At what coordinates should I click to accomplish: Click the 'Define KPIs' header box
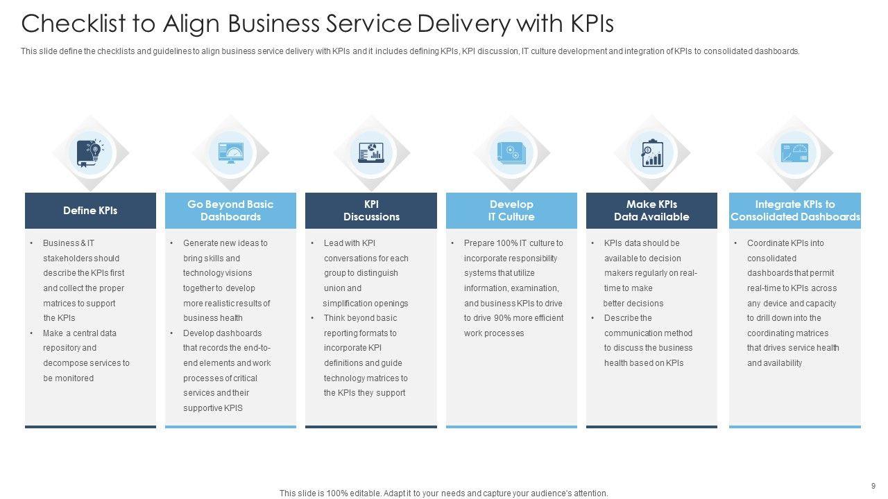pyautogui.click(x=90, y=211)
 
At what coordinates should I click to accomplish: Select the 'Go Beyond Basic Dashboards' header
pyautogui.click(x=230, y=211)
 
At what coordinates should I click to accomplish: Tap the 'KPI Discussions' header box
pyautogui.click(x=371, y=211)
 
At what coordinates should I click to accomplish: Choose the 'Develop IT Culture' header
pyautogui.click(x=511, y=211)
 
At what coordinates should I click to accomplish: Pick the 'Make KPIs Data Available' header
pyautogui.click(x=651, y=211)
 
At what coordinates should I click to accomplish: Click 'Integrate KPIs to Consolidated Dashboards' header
pyautogui.click(x=795, y=211)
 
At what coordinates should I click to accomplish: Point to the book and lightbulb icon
pyautogui.click(x=90, y=152)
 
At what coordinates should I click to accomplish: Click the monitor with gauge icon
pyautogui.click(x=230, y=152)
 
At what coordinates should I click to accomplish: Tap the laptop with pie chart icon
pyautogui.click(x=371, y=152)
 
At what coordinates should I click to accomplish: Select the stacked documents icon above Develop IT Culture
pyautogui.click(x=511, y=152)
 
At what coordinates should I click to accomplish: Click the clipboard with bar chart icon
pyautogui.click(x=651, y=152)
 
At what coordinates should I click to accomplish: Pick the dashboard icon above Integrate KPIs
pyautogui.click(x=795, y=152)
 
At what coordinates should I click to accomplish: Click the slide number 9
pyautogui.click(x=873, y=486)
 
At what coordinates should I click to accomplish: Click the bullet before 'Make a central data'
pyautogui.click(x=32, y=333)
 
